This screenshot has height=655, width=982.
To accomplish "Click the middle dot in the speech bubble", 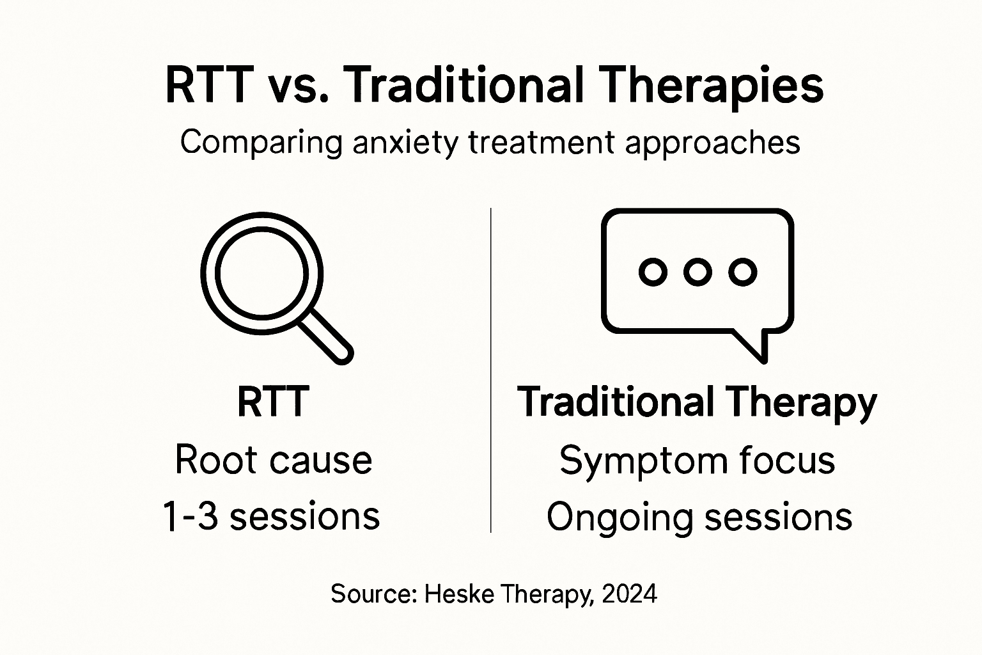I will pyautogui.click(x=698, y=272).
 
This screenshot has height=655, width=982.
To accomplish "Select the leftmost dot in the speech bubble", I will pyautogui.click(x=653, y=272).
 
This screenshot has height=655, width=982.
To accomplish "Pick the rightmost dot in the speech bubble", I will pyautogui.click(x=743, y=272).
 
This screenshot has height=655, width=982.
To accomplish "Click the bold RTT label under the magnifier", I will pyautogui.click(x=273, y=402).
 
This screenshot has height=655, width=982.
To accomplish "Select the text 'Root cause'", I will pyautogui.click(x=273, y=460).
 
